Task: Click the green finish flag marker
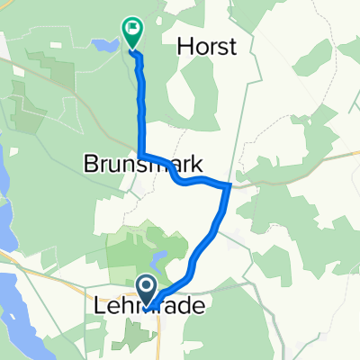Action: tap(131, 31)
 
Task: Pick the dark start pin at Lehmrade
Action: tap(147, 288)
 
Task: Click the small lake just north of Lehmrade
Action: tap(159, 261)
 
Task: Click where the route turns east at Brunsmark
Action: tap(142, 156)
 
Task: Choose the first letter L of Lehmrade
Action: tap(99, 307)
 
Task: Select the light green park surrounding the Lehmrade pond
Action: tap(135, 252)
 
